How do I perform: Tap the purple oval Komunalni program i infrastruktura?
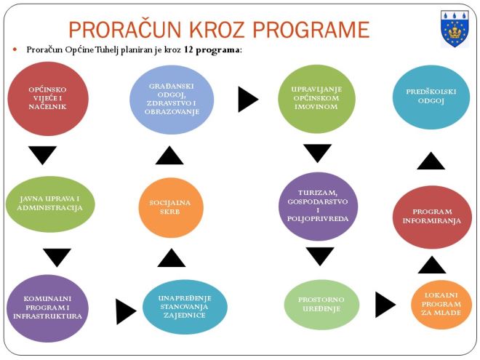(x=48, y=308)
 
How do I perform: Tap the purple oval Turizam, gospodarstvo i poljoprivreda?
(x=318, y=206)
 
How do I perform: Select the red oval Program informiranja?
(x=431, y=216)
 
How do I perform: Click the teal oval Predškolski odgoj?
(x=431, y=97)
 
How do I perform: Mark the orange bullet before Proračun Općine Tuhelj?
(x=15, y=49)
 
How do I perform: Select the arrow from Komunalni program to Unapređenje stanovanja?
(x=125, y=311)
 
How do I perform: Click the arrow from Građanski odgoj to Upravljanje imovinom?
(x=247, y=99)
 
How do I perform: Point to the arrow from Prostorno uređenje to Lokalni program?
(x=384, y=305)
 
